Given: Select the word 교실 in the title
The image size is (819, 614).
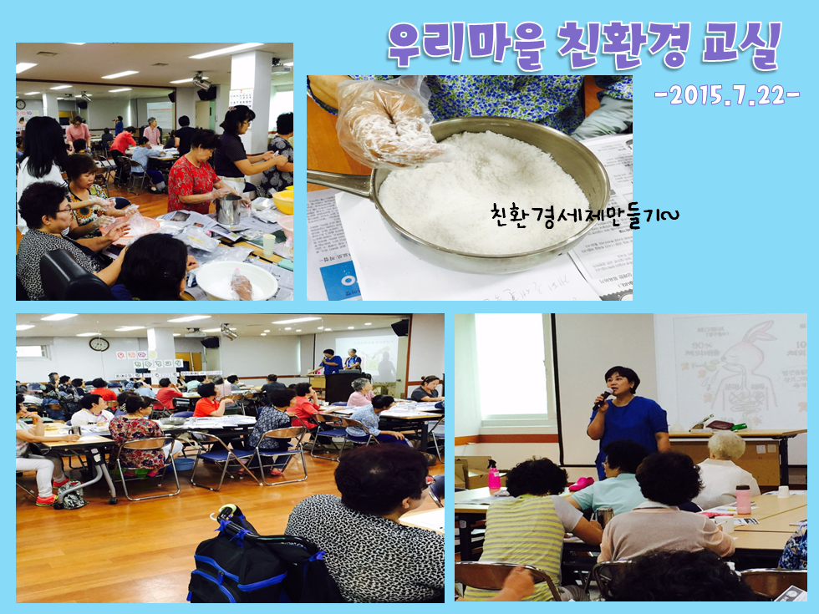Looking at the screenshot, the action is pyautogui.click(x=740, y=46).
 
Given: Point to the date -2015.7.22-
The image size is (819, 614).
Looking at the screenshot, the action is pyautogui.click(x=727, y=95).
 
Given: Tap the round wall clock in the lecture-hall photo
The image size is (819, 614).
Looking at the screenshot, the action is pyautogui.click(x=99, y=344).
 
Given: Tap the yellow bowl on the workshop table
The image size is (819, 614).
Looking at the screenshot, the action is pyautogui.click(x=283, y=201).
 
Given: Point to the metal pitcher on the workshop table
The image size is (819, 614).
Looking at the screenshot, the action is pyautogui.click(x=229, y=210).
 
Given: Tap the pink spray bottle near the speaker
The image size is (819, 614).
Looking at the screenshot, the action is pyautogui.click(x=494, y=474).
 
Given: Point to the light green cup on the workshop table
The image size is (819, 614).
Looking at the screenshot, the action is pyautogui.click(x=269, y=244).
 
